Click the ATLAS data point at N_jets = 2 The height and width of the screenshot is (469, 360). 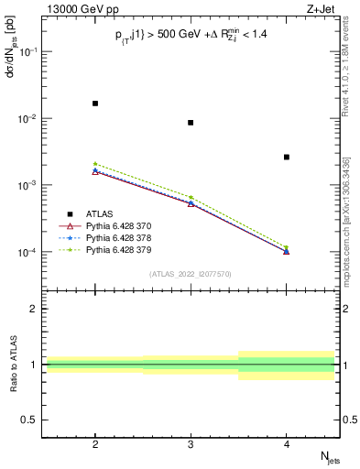click(x=95, y=104)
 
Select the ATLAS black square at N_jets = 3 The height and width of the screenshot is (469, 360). click(x=191, y=123)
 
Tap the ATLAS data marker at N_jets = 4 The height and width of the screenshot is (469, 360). click(x=287, y=158)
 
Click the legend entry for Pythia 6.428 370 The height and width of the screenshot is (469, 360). click(x=125, y=225)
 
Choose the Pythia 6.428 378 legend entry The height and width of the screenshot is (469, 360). click(x=125, y=237)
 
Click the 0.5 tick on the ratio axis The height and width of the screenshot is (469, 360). click(x=33, y=420)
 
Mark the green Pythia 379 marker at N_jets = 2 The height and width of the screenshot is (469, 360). click(x=95, y=164)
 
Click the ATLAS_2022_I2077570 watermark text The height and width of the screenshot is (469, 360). click(x=191, y=274)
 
